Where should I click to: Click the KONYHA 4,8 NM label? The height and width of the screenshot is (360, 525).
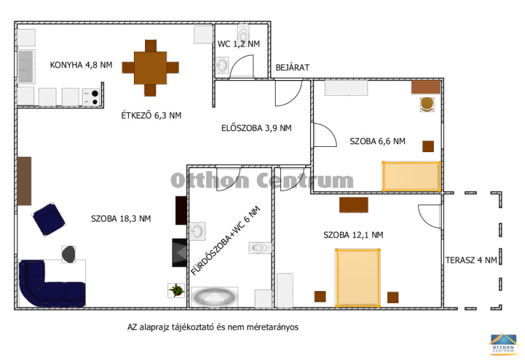(x=81, y=65)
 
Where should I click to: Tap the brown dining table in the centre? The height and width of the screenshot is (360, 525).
(x=150, y=68)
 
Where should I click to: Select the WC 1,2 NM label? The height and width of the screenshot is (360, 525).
(x=238, y=44)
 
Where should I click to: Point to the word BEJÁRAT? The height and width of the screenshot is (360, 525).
(x=292, y=68)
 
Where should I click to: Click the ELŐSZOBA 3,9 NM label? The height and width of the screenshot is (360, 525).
(x=257, y=128)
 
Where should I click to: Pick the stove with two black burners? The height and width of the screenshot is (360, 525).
(x=91, y=97)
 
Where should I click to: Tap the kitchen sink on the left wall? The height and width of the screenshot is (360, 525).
(x=26, y=66)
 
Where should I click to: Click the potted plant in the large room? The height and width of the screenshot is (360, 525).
(x=176, y=290)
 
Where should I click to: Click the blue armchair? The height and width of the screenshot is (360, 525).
(x=49, y=220)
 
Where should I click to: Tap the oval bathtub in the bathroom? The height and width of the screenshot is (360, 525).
(x=215, y=297)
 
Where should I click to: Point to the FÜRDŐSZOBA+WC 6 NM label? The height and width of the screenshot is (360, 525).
(x=226, y=241)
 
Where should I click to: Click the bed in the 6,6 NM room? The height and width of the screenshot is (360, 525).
(x=411, y=176)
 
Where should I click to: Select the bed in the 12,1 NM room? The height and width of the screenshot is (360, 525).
(x=358, y=277)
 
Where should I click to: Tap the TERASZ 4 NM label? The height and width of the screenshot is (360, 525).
(x=471, y=260)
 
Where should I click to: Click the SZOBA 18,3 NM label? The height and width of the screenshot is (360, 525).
(x=121, y=219)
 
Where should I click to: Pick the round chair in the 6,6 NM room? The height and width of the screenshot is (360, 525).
(x=427, y=104)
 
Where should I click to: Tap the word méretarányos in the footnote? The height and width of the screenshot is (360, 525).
(x=272, y=327)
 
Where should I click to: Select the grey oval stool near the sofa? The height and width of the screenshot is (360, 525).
(x=68, y=254)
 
